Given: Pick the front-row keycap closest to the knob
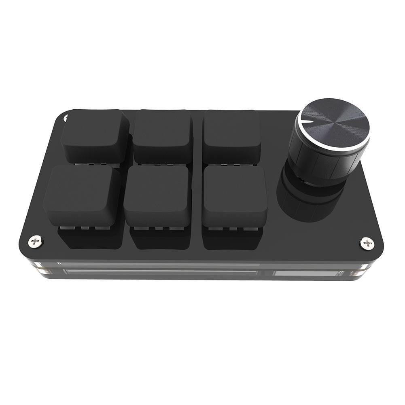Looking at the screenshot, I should coord(235,195).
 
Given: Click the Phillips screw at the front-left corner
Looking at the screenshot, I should coord(36,241).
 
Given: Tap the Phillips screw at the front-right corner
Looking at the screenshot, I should coord(367,243).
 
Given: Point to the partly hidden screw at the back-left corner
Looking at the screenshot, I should coord(66,118).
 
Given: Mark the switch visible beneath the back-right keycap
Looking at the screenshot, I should coord(231,165).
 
